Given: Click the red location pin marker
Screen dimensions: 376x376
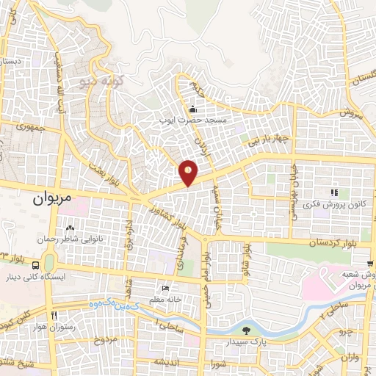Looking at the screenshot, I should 189,173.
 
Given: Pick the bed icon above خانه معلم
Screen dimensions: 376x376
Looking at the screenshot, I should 165,288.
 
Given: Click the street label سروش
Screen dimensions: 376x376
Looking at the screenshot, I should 352,112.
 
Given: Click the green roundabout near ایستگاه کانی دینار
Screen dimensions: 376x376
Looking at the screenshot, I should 48,262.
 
